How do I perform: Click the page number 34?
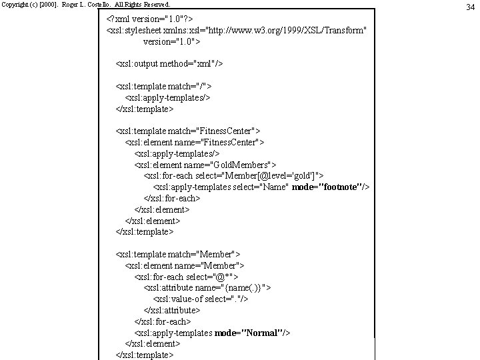(469, 7)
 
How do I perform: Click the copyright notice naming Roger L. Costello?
(81, 4)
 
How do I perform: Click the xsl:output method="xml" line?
(169, 63)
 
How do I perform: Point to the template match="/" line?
(163, 86)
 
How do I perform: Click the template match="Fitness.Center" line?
(188, 131)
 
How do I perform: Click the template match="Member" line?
(178, 254)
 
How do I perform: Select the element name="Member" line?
(184, 265)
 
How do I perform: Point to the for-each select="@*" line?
(186, 277)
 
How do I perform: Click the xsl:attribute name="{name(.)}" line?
(207, 288)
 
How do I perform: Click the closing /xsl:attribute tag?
(172, 311)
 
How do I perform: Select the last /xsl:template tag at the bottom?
(145, 355)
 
